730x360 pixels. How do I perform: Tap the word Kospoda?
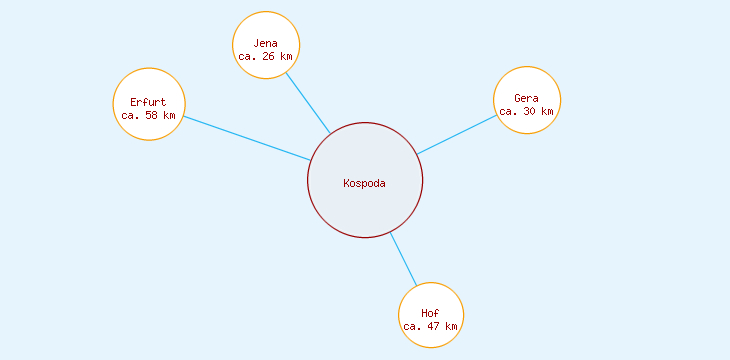click(365, 183)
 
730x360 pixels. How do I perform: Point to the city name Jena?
click(266, 43)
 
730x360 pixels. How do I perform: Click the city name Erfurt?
click(149, 102)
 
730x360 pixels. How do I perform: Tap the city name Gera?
click(527, 98)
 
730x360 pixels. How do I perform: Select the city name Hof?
click(431, 313)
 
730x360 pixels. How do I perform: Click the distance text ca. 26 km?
click(266, 57)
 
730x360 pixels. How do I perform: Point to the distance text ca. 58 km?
click(149, 116)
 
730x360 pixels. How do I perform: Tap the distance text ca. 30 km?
click(527, 112)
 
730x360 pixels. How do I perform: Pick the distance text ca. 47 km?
click(431, 327)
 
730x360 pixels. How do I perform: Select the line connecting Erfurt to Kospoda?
click(247, 139)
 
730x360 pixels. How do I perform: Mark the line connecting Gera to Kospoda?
click(456, 135)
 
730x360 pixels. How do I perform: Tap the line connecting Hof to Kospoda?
click(403, 259)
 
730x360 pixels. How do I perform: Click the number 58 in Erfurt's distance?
click(152, 116)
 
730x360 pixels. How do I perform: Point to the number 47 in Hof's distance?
click(434, 327)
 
